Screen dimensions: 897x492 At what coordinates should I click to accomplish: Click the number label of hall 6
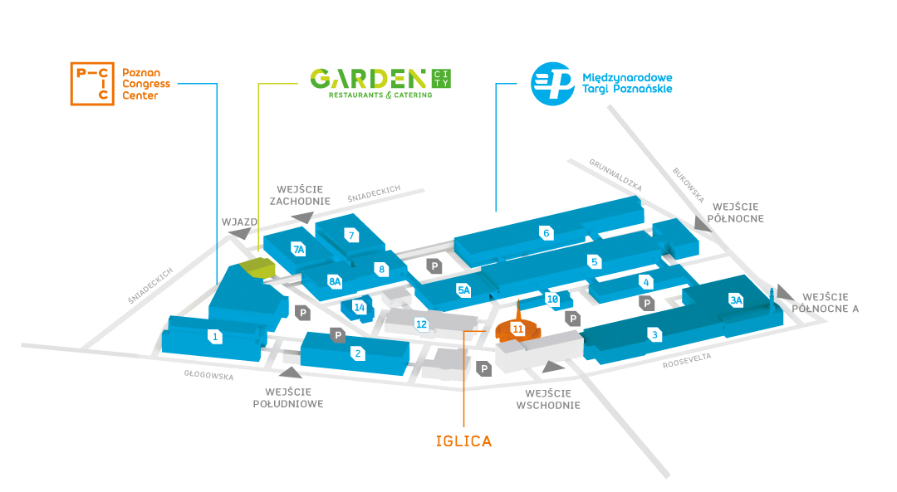click(x=547, y=232)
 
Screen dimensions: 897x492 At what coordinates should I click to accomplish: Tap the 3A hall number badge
click(x=736, y=300)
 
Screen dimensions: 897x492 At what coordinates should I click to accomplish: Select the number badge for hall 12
click(x=421, y=324)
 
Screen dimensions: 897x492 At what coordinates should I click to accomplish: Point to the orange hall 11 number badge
click(x=517, y=329)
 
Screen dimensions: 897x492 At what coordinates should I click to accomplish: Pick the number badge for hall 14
click(x=360, y=308)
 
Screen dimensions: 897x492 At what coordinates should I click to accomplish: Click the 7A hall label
click(x=298, y=249)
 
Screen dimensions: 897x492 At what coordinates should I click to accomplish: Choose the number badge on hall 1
click(x=215, y=337)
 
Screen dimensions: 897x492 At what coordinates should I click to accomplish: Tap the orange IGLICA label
click(x=464, y=441)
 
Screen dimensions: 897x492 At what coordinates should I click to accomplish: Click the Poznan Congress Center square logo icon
click(x=92, y=84)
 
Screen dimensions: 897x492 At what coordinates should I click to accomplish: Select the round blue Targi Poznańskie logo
click(x=552, y=84)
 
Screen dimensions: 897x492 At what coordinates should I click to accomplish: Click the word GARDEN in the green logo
click(x=369, y=79)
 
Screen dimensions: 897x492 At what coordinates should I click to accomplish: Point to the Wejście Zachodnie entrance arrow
click(x=302, y=217)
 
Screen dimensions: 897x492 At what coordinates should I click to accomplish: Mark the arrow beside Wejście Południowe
click(x=291, y=373)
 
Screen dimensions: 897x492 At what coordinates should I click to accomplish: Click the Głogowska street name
click(x=208, y=375)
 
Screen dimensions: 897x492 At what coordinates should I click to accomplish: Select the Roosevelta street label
click(x=687, y=361)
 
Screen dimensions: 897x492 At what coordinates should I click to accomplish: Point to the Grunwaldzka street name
click(x=615, y=175)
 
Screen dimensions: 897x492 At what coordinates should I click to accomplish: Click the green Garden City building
click(x=257, y=267)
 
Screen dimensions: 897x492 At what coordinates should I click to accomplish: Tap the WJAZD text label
click(x=240, y=222)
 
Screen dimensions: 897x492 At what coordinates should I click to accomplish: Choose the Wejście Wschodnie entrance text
click(x=548, y=399)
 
